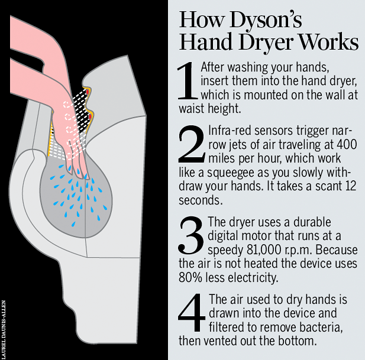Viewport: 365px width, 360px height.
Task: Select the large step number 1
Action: point(188,82)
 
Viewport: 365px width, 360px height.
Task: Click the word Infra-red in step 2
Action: point(228,132)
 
